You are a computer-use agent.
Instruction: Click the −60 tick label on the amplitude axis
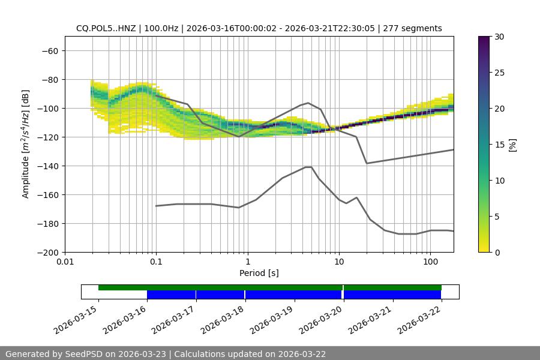click(x=50, y=50)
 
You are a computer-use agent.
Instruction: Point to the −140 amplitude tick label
click(x=47, y=166)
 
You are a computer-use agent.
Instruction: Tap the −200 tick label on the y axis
click(x=47, y=252)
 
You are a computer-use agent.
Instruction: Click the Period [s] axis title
click(x=259, y=273)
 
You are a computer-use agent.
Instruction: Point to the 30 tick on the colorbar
click(x=499, y=37)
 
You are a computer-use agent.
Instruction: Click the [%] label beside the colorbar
click(x=512, y=145)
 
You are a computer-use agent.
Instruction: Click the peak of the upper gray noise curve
click(x=308, y=103)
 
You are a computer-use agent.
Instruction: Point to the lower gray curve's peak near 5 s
click(x=308, y=167)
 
